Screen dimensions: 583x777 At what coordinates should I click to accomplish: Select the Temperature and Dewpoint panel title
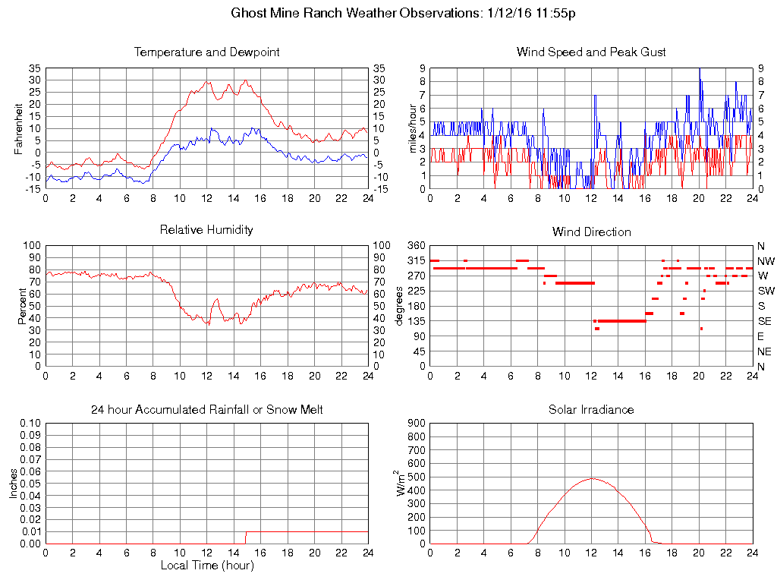point(206,52)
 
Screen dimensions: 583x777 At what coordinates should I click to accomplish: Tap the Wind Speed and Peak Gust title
point(591,52)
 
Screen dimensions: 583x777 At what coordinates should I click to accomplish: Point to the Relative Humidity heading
point(206,229)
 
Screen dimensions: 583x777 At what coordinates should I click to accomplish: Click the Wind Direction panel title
point(591,232)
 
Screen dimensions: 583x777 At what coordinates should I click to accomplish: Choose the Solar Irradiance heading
point(591,410)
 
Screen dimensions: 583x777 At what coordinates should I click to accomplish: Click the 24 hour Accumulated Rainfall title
point(206,410)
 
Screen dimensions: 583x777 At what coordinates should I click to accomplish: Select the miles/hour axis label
point(414,128)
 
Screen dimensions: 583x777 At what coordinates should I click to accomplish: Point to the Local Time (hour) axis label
point(206,565)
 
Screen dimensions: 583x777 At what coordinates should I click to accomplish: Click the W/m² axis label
point(402,484)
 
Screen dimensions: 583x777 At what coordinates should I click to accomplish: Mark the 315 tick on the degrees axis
point(416,260)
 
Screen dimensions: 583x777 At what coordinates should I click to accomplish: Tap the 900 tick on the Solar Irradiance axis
point(416,424)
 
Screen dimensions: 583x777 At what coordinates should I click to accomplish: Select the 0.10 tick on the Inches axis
point(30,424)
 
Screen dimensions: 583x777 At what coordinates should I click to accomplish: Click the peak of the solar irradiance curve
point(592,478)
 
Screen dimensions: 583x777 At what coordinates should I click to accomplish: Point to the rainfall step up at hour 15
point(245,537)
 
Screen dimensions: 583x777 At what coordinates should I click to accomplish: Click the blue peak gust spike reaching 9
point(699,69)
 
